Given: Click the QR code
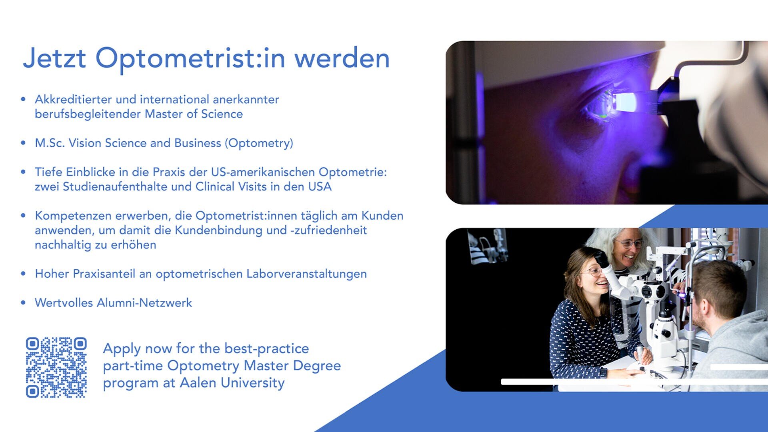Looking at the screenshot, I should pos(56,367).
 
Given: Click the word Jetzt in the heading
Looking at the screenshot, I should pos(54,58).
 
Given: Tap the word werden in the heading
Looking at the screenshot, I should pos(342,58).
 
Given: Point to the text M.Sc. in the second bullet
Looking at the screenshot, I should pos(50,143).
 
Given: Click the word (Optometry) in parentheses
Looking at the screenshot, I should pos(259,143).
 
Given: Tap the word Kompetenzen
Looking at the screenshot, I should pos(73,216).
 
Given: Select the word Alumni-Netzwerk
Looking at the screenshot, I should pos(144,303).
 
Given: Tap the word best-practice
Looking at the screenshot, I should pos(266,348).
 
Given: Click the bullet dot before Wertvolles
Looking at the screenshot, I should pos(23,303).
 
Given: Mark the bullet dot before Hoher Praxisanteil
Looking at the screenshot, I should pos(23,274).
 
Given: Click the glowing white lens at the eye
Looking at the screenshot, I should pos(624,102).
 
